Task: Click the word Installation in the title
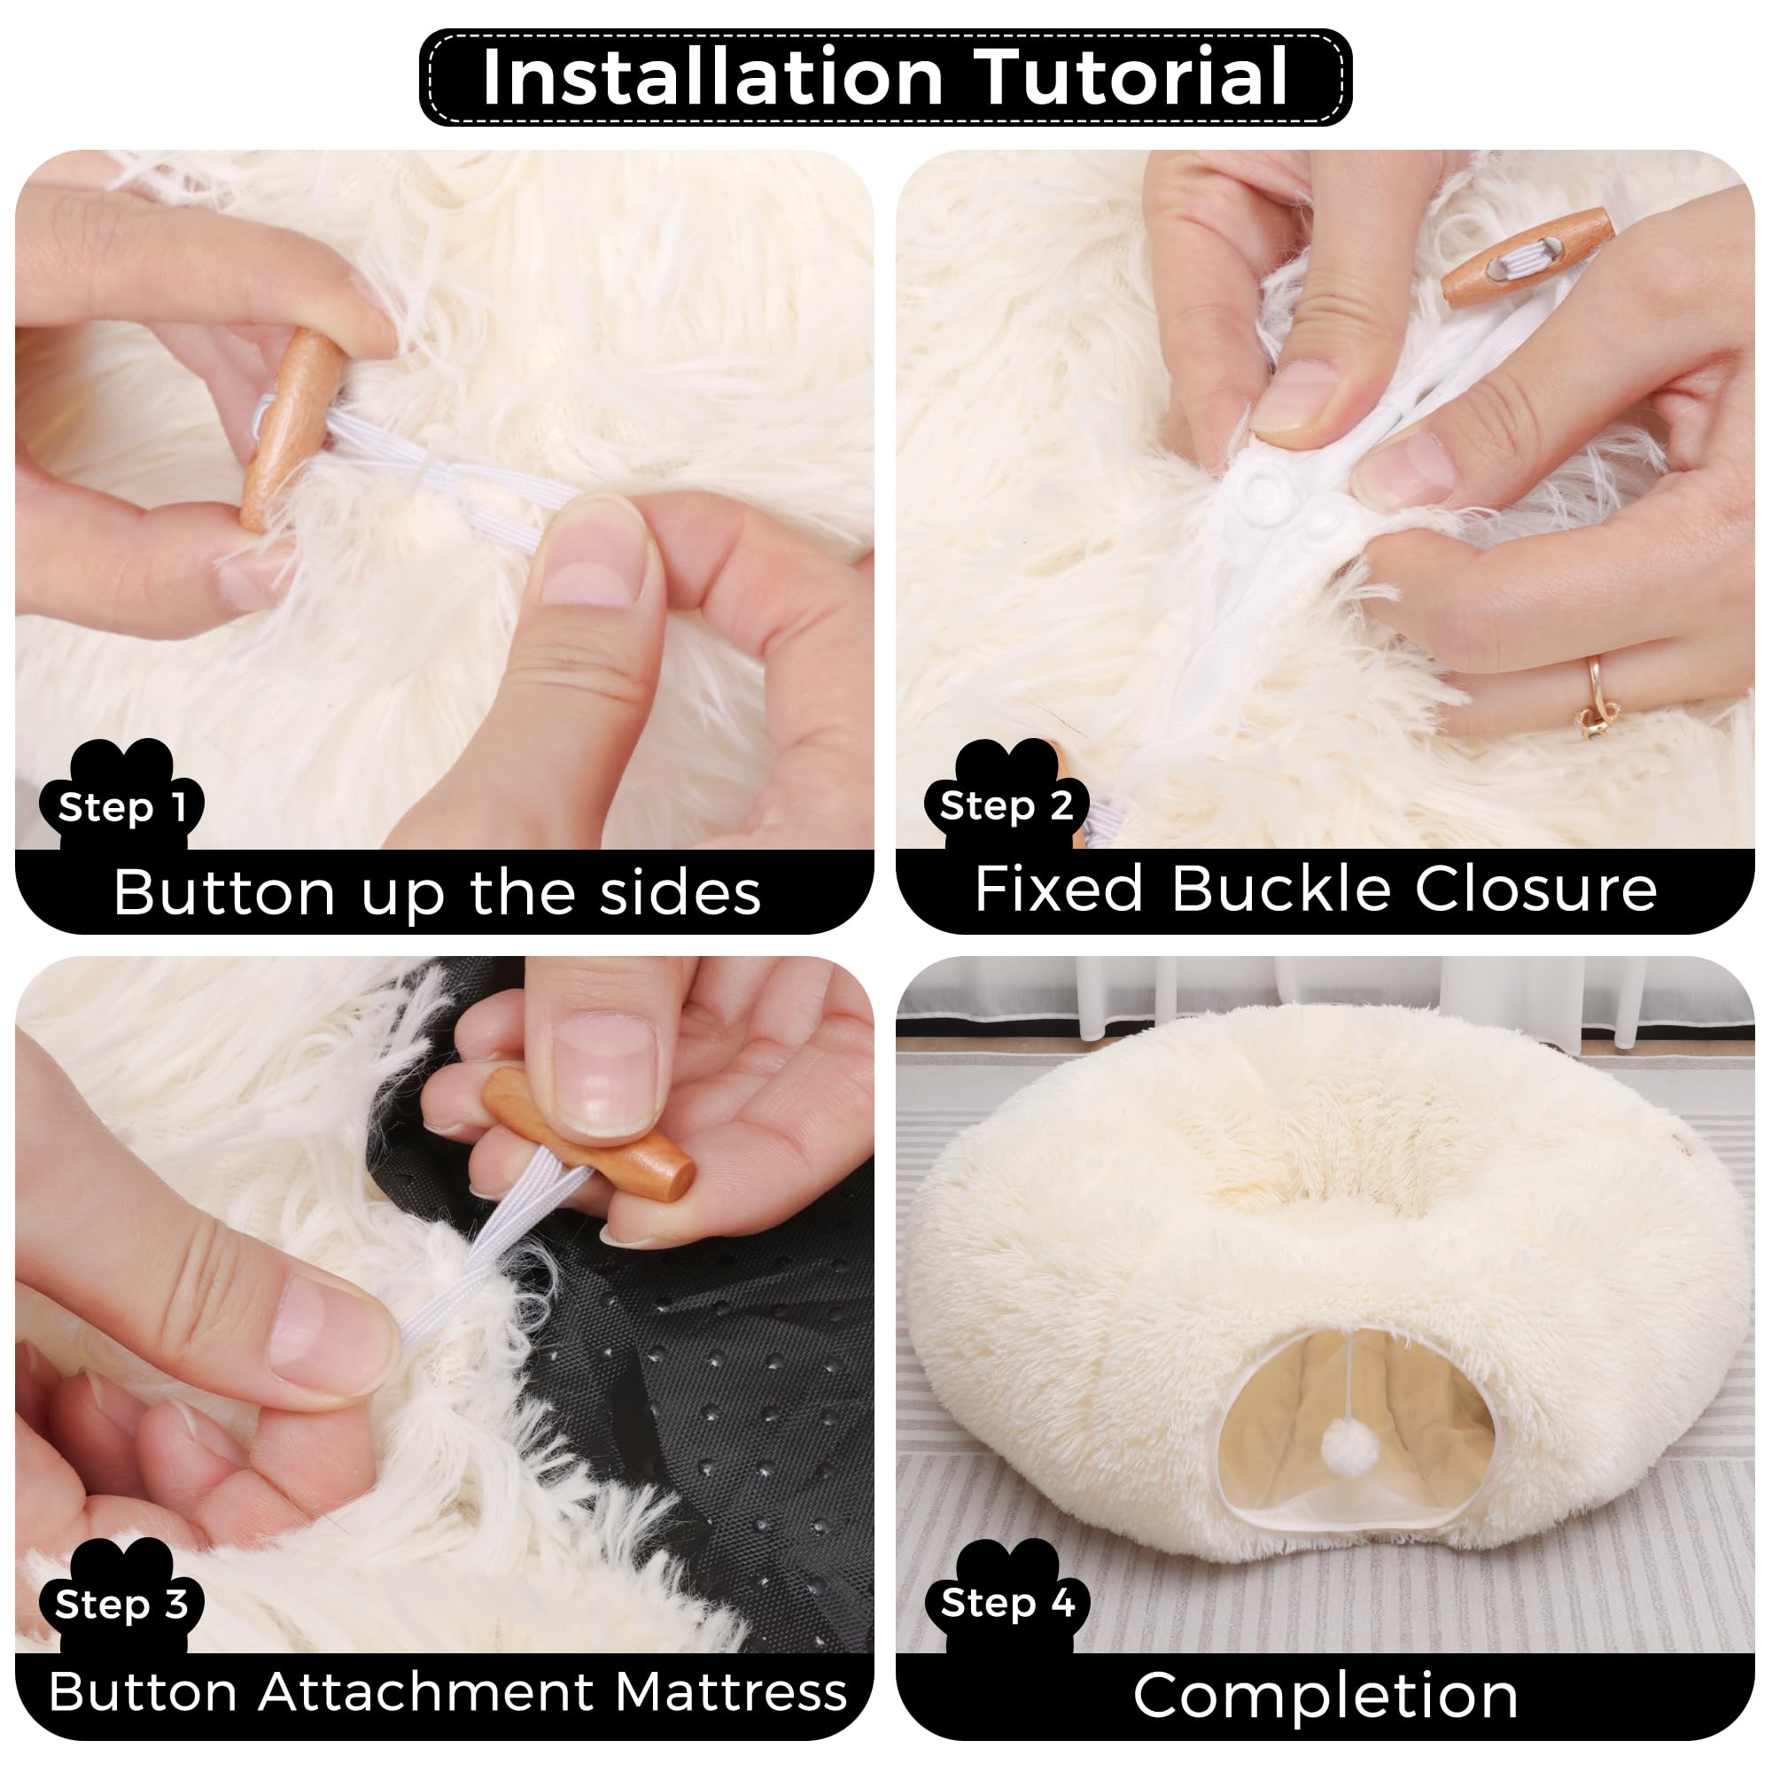coord(712,77)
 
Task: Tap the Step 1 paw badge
coord(122,798)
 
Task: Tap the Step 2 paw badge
coord(1006,798)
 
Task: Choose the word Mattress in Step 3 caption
coord(730,1692)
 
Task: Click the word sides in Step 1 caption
coord(680,892)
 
